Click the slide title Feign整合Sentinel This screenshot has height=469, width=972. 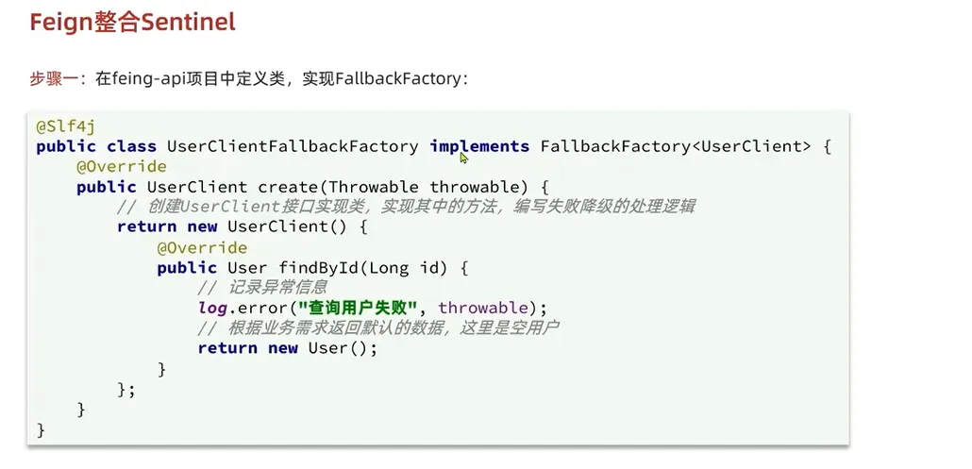tap(132, 23)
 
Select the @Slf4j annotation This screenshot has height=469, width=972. tap(65, 126)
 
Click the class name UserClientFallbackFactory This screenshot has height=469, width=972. tap(293, 146)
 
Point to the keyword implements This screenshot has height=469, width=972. tap(479, 146)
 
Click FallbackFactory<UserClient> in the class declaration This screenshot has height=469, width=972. tap(676, 146)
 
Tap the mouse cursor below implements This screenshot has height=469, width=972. tap(464, 159)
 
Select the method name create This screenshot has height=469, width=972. tap(287, 187)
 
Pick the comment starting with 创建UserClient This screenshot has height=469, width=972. tap(406, 207)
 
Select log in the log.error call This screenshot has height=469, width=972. tap(211, 308)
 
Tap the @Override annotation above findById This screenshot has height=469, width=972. tap(202, 247)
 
